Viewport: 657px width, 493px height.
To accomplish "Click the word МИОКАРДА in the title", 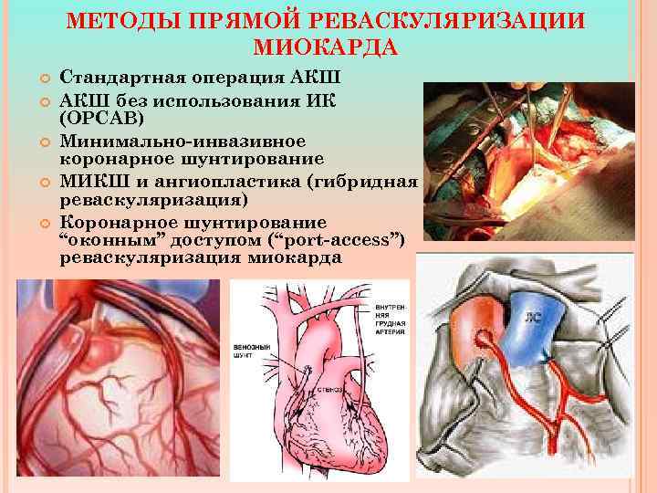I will pos(328,46).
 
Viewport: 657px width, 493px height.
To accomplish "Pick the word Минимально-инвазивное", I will pos(154,142).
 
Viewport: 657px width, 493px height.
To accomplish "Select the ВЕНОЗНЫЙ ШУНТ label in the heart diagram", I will pos(253,351).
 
